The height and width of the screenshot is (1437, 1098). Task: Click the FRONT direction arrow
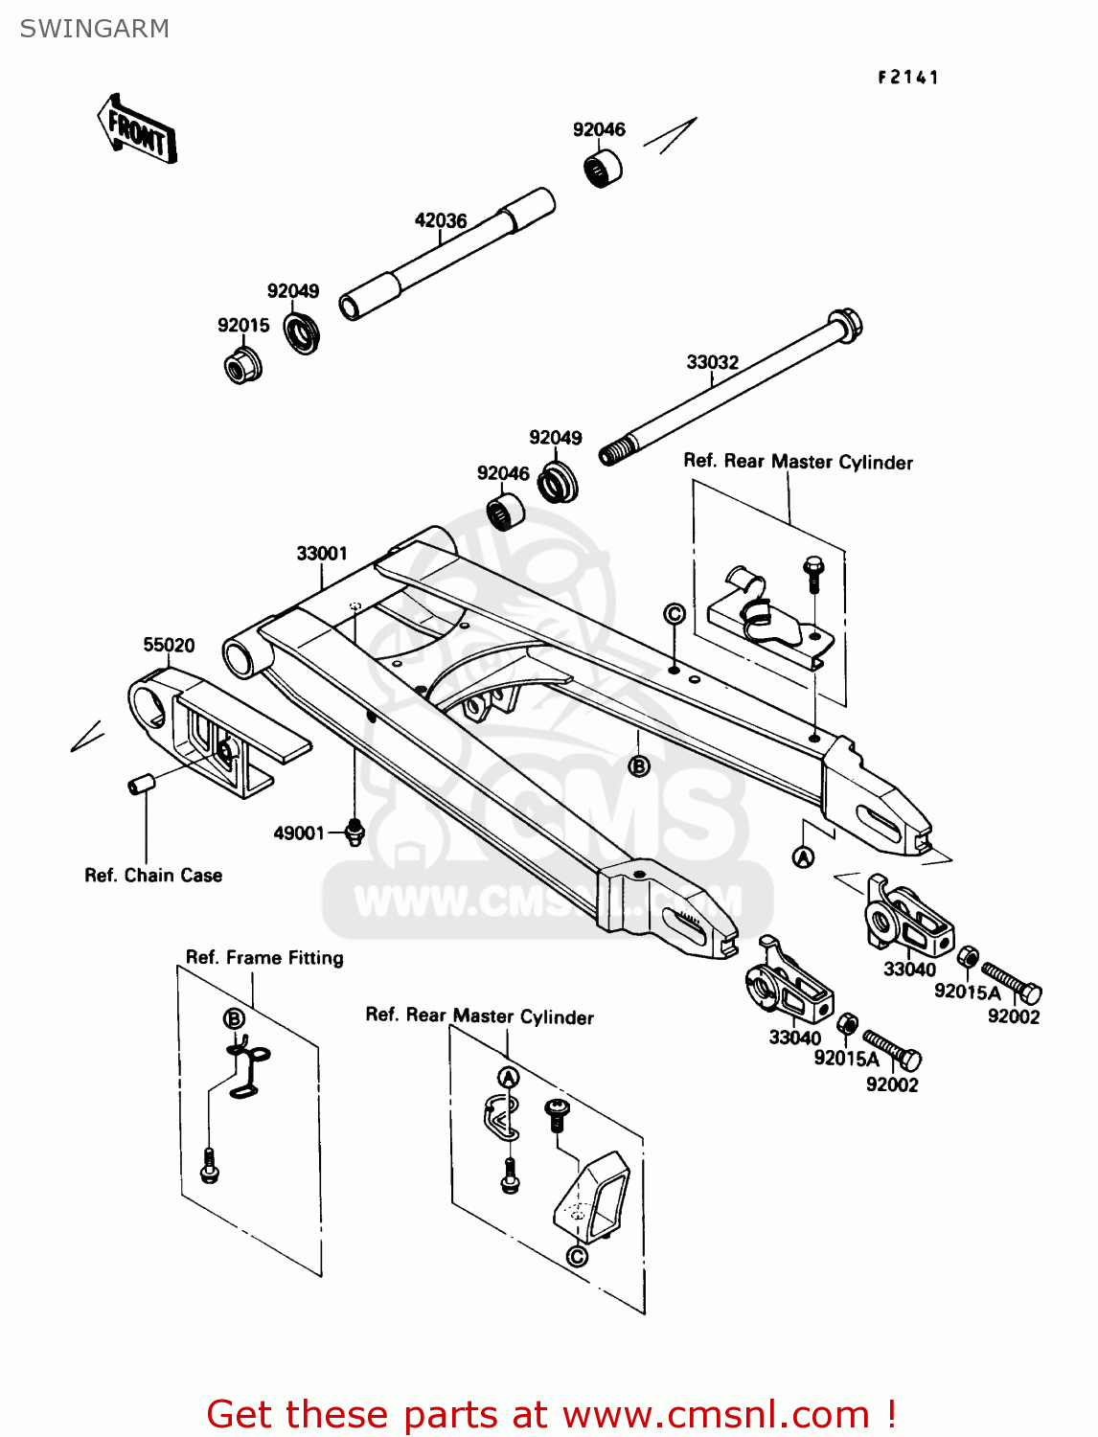coord(137,129)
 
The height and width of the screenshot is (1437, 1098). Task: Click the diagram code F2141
coord(907,78)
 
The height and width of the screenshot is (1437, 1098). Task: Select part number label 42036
coord(441,220)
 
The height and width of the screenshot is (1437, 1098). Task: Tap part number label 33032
coord(712,362)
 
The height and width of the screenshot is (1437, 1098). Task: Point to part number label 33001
coord(322,554)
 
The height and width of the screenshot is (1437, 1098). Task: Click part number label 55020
coord(169,645)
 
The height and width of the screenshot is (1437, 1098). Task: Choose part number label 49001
coord(299,833)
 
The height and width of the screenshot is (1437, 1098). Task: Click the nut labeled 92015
coord(242,366)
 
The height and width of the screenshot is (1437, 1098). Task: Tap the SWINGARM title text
coord(95,29)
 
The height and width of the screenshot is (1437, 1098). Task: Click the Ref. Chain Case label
coord(153,876)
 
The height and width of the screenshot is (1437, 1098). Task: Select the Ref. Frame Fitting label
coord(264,957)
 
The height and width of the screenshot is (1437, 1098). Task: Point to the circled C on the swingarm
coord(675,613)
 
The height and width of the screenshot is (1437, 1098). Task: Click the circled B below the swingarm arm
coord(639,765)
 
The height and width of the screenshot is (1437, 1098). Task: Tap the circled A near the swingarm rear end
coord(803,857)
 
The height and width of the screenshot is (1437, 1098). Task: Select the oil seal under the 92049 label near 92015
coord(303,332)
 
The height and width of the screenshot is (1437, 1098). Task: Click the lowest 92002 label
coord(892,1084)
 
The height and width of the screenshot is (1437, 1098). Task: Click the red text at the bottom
coord(551,1414)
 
